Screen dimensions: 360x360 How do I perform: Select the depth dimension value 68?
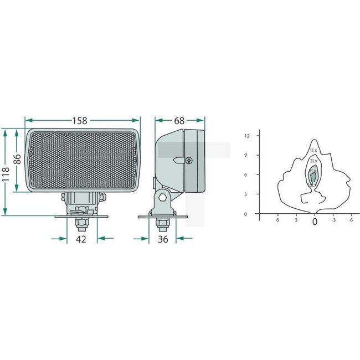179,120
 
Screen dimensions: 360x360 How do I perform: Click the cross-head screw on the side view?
190,160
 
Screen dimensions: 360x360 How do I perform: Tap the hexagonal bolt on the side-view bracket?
162,197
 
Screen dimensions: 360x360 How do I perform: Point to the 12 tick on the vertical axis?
248,136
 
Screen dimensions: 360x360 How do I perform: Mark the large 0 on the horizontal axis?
315,222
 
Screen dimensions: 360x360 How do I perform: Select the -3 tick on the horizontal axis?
333,220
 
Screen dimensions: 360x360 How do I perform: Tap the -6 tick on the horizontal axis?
350,220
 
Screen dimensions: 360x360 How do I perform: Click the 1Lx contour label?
313,150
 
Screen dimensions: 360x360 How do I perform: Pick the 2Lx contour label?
313,161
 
